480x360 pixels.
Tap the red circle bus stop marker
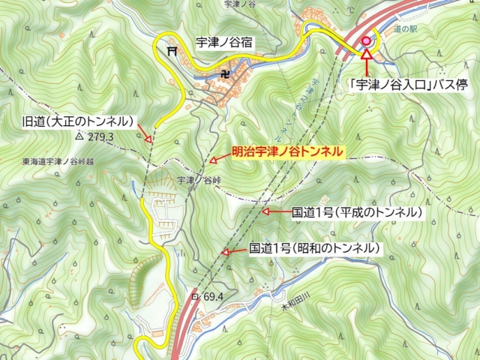366,40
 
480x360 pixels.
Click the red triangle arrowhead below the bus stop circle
366,53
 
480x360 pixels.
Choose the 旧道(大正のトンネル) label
78,121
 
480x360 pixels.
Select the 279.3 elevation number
99,137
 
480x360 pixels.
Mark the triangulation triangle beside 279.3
79,137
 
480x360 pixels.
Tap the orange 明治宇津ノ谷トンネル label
287,151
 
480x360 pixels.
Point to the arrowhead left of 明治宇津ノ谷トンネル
213,158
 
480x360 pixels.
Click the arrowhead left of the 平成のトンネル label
264,213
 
